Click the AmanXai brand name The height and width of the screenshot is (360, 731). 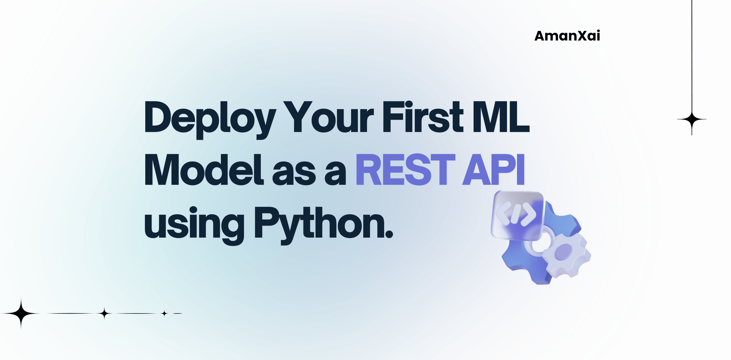567,36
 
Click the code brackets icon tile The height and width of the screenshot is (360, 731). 517,215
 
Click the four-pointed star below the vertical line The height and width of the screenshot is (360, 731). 692,120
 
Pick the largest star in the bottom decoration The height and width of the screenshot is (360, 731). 21,313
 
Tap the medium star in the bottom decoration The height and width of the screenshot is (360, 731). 104,313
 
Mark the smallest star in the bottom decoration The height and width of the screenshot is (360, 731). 164,313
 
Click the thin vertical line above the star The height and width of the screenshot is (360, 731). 692,54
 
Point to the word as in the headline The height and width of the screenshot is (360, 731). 294,172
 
